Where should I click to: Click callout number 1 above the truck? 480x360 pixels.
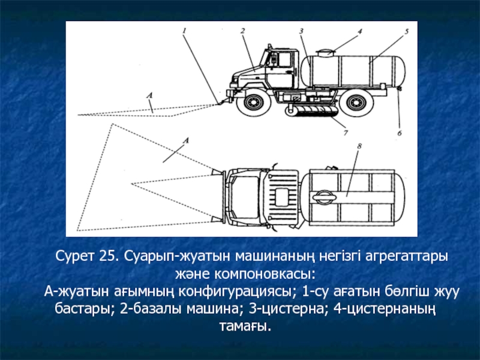pyautogui.click(x=184, y=31)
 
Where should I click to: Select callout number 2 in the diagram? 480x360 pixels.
pyautogui.click(x=243, y=31)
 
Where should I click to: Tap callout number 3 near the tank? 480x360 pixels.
pyautogui.click(x=301, y=31)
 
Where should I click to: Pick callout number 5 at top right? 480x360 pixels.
pyautogui.click(x=407, y=31)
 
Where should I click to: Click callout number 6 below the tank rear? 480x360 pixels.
pyautogui.click(x=399, y=133)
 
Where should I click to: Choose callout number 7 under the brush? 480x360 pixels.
pyautogui.click(x=346, y=133)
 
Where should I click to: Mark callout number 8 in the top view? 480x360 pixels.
pyautogui.click(x=359, y=146)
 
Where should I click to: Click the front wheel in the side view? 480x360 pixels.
pyautogui.click(x=253, y=101)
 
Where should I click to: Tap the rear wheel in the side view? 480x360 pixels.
pyautogui.click(x=356, y=101)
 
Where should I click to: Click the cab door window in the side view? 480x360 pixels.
pyautogui.click(x=284, y=59)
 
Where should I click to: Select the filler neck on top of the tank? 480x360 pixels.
pyautogui.click(x=325, y=53)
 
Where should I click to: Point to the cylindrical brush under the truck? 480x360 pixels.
pyautogui.click(x=312, y=111)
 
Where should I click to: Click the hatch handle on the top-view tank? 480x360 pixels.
pyautogui.click(x=324, y=197)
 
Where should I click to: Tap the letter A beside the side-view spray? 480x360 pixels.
pyautogui.click(x=149, y=95)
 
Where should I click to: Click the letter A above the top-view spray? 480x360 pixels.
pyautogui.click(x=186, y=140)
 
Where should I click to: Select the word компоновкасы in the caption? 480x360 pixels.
pyautogui.click(x=264, y=274)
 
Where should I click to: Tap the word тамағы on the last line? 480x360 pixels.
pyautogui.click(x=245, y=326)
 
